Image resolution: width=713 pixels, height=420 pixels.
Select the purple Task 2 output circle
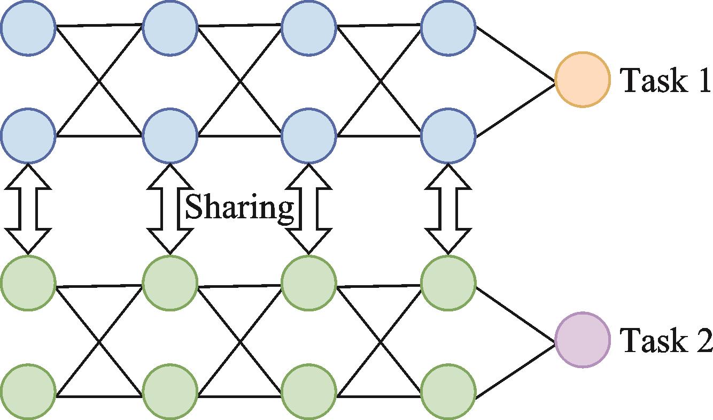582,340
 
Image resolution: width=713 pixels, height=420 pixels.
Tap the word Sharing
239,207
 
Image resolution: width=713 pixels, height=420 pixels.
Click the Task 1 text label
665,81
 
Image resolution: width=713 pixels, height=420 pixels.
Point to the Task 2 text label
665,340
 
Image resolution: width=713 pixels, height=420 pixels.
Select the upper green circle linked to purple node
448,282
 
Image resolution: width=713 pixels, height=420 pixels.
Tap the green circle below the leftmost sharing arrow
28,282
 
